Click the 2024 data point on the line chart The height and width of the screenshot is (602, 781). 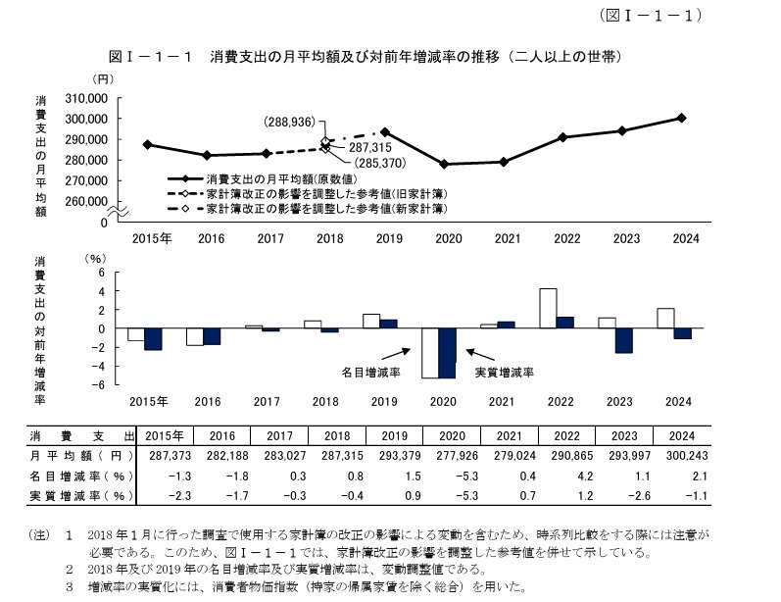click(682, 118)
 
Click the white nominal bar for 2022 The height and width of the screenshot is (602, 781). click(549, 309)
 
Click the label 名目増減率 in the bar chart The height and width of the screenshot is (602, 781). click(370, 373)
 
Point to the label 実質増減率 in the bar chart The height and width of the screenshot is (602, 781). click(504, 373)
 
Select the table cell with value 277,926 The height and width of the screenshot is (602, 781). click(446, 456)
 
